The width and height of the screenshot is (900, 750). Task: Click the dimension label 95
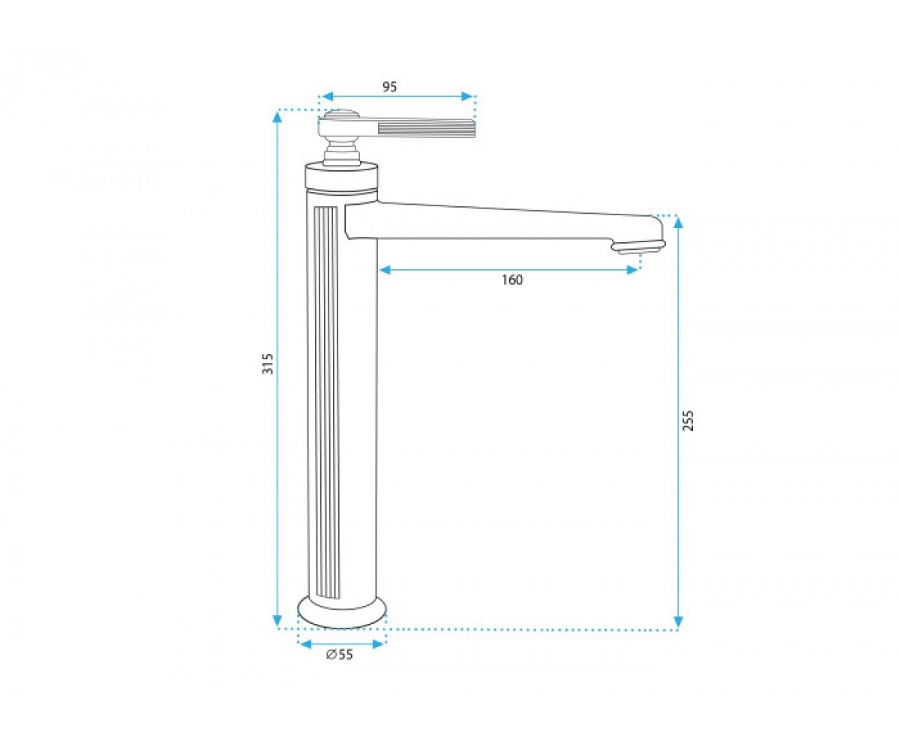coord(389,87)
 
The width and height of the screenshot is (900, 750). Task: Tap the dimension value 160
coord(512,280)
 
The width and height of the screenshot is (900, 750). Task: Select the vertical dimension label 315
coord(268,364)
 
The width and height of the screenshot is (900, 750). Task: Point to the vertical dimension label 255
coord(688,420)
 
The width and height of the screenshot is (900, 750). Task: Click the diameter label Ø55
coord(340,655)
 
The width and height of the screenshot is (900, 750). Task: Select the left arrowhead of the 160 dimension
coord(385,270)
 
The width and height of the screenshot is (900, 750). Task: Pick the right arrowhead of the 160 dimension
coord(632,270)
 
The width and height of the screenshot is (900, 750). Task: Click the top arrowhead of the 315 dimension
coord(277,118)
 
